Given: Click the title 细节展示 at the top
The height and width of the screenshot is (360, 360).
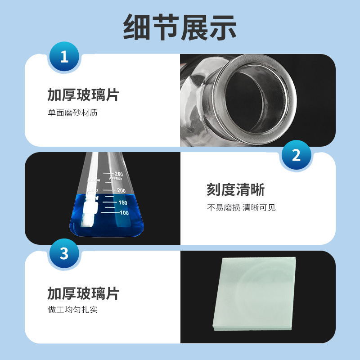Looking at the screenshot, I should point(180,28).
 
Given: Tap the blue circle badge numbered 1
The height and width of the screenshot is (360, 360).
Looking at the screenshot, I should point(64,57).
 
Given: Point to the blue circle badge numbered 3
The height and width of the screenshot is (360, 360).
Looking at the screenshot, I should point(64,254).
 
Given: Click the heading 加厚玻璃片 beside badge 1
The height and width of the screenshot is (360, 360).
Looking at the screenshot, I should point(83,95).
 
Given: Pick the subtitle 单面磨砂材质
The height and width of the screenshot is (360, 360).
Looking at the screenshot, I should point(72,112).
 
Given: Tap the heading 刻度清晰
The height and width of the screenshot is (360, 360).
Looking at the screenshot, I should point(235,190).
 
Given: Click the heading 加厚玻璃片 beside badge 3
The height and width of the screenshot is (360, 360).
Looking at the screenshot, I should point(83,293).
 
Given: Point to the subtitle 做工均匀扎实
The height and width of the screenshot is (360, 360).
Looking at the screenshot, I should point(72,310).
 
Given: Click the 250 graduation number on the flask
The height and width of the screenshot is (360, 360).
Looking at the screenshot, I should point(118,174).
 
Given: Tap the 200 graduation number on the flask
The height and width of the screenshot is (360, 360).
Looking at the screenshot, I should point(121,190).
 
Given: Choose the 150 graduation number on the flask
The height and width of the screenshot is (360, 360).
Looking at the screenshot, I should point(123,202).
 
